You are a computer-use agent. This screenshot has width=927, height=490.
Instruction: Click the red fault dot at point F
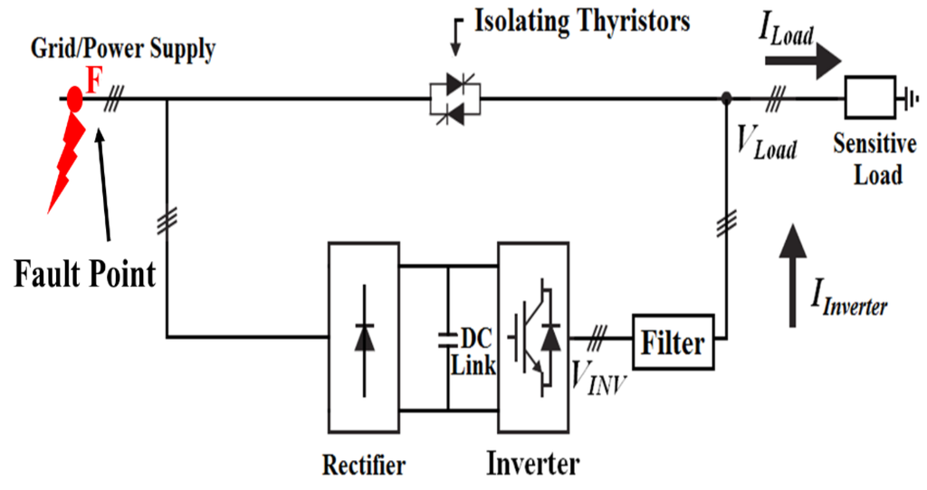[x=75, y=98]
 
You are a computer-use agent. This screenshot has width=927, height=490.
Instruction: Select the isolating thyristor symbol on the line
[x=455, y=99]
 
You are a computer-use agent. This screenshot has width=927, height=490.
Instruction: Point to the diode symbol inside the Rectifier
[x=364, y=336]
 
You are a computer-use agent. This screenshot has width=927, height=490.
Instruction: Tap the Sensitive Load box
[x=870, y=98]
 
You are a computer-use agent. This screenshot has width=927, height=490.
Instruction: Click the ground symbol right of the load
[x=904, y=98]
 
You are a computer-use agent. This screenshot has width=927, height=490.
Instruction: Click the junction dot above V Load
[x=725, y=98]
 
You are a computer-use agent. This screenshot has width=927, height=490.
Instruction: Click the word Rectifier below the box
[x=364, y=466]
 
